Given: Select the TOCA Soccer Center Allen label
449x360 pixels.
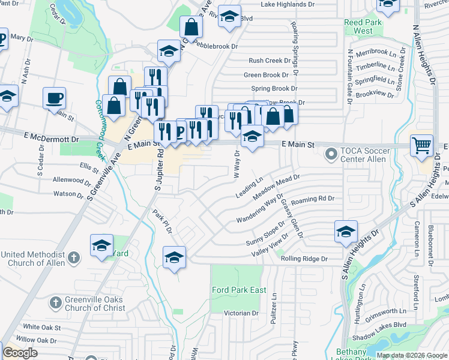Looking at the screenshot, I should (x=363, y=155).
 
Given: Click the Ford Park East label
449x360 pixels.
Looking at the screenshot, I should (x=239, y=290).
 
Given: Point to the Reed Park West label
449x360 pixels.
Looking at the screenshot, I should (x=363, y=26).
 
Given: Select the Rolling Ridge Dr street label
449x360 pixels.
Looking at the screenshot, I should (x=304, y=259).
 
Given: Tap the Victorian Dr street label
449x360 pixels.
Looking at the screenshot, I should (x=240, y=313).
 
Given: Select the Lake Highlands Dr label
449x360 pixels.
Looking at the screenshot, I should (x=288, y=4).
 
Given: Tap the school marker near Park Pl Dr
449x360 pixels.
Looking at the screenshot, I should (x=174, y=257).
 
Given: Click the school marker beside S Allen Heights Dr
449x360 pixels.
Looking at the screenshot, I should (x=346, y=232).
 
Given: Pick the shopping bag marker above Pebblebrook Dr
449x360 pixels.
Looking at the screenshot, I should (x=191, y=26).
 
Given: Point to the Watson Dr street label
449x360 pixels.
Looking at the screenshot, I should (x=68, y=194).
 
